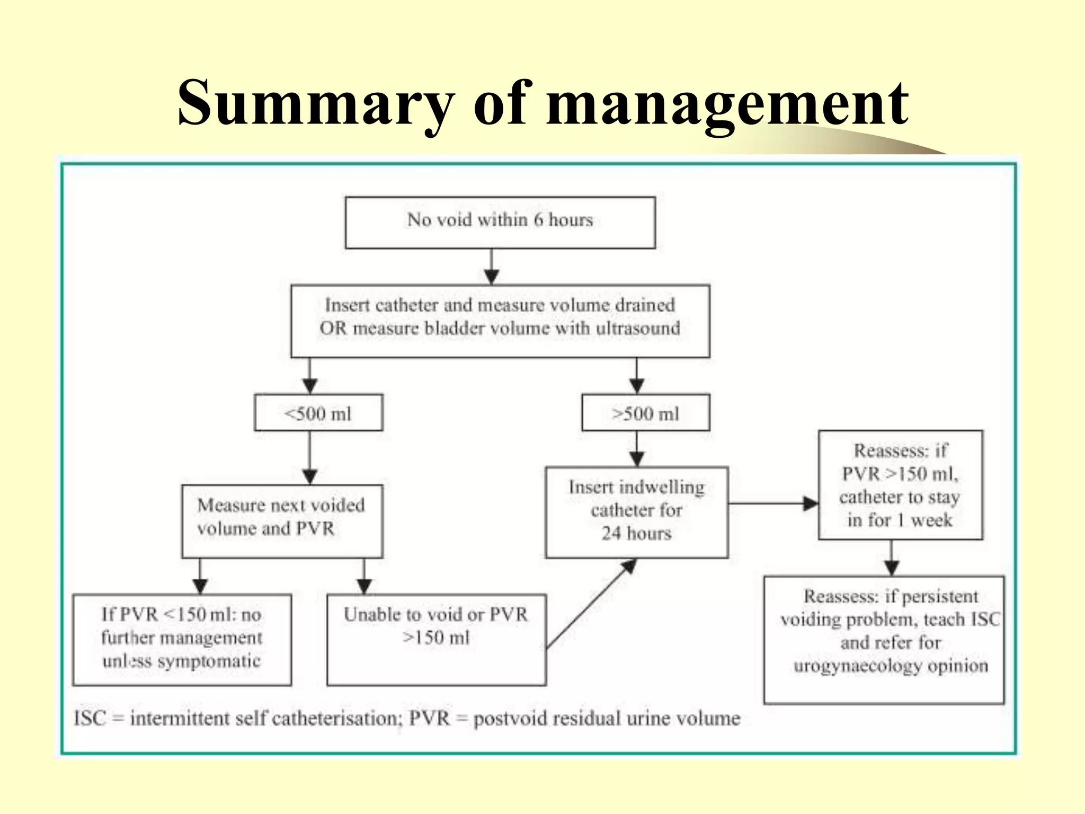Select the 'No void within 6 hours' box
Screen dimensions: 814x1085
pyautogui.click(x=500, y=223)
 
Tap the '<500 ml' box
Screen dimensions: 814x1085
pyautogui.click(x=318, y=413)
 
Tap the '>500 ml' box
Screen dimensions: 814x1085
pyautogui.click(x=645, y=413)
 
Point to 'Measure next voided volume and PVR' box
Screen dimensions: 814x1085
pyautogui.click(x=282, y=521)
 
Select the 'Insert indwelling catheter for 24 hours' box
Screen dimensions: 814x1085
pyautogui.click(x=637, y=512)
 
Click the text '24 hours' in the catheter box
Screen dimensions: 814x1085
pyautogui.click(x=636, y=533)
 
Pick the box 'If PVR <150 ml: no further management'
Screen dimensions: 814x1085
pyautogui.click(x=182, y=640)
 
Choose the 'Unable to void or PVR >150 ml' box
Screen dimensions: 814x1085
pyautogui.click(x=436, y=640)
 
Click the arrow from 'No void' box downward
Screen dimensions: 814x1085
pyautogui.click(x=492, y=267)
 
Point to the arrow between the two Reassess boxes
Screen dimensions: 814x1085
pyautogui.click(x=892, y=558)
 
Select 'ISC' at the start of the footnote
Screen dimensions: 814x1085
pyautogui.click(x=90, y=719)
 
